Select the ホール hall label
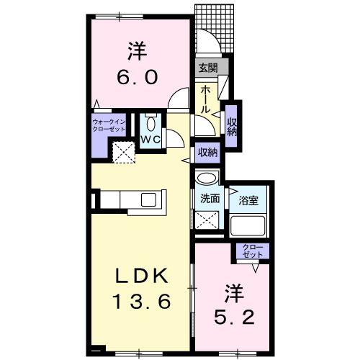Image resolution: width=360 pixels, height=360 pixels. click(205, 99)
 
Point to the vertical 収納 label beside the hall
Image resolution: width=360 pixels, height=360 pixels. click(233, 126)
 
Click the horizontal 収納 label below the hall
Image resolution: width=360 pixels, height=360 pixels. click(208, 152)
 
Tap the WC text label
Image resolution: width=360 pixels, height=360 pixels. click(150, 138)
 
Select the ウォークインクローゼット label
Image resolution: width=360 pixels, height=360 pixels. click(109, 127)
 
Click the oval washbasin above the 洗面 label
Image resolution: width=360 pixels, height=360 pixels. click(207, 180)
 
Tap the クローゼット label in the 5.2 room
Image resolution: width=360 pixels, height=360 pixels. click(253, 253)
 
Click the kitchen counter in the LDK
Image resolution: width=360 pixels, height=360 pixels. click(131, 199)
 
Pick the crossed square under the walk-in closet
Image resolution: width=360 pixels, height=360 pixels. click(122, 151)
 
